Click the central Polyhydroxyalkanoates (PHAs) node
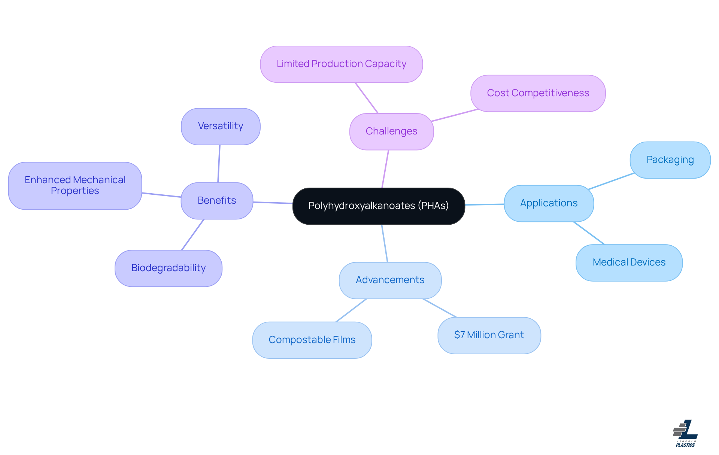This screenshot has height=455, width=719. tap(378, 206)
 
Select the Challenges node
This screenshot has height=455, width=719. tap(391, 131)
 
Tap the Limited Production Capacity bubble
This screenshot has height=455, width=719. tap(341, 64)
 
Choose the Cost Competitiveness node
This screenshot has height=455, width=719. tap(538, 93)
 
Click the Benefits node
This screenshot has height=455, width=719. tap(217, 201)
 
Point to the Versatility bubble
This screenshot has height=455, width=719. tap(221, 127)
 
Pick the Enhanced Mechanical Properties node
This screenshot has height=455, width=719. tap(75, 186)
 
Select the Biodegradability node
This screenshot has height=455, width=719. tap(168, 268)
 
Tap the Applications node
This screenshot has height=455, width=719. tap(549, 203)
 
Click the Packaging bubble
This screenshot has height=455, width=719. tap(670, 160)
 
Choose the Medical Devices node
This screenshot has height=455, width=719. tap(629, 263)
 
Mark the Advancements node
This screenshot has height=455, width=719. tap(390, 280)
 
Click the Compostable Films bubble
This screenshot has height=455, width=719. tap(312, 340)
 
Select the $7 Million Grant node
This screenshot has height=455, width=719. tap(489, 335)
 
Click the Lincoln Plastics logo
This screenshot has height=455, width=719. tap(685, 433)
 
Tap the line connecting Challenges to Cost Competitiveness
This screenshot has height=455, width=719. tap(455, 115)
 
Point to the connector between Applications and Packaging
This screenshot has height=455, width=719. tap(611, 181)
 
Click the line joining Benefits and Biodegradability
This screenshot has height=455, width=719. tap(193, 234)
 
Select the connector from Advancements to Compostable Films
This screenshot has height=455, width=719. tap(351, 310)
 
